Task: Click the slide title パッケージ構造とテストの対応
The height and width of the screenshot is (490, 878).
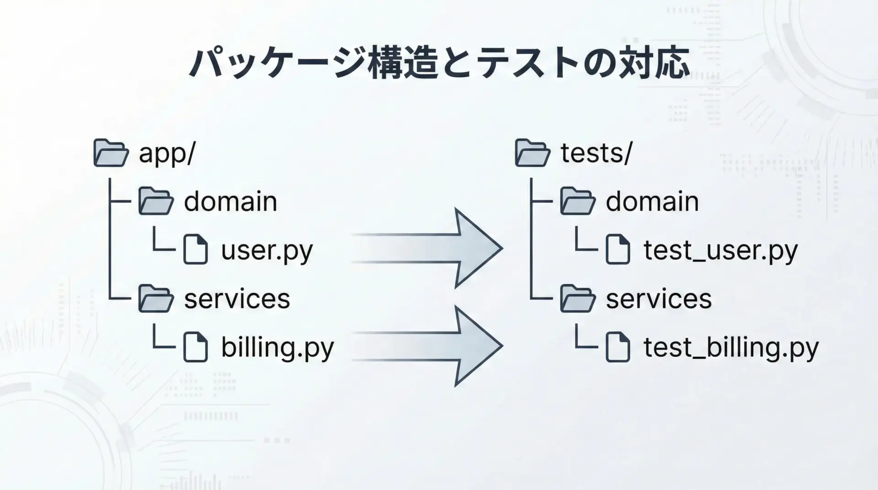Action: [x=439, y=63]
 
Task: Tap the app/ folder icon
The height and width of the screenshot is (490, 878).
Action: [x=111, y=153]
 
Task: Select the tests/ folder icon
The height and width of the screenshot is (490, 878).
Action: [x=532, y=153]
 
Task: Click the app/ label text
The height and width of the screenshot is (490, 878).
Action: [x=167, y=154]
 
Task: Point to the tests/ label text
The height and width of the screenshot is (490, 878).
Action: [x=596, y=153]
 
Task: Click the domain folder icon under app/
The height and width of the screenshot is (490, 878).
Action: [x=156, y=201]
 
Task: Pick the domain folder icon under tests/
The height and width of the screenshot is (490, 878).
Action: [x=578, y=201]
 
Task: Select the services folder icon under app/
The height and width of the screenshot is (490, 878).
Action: [x=156, y=298]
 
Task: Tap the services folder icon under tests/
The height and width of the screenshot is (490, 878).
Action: [x=578, y=298]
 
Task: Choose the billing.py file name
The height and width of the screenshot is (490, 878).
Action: [x=278, y=347]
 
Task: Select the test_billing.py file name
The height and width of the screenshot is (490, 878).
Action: [x=731, y=347]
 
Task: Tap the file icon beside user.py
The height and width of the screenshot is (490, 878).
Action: [x=195, y=250]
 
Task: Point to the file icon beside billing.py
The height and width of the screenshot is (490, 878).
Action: [x=195, y=347]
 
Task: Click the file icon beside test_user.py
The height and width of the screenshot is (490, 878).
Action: [x=618, y=250]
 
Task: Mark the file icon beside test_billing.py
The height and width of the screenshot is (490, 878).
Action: [x=618, y=347]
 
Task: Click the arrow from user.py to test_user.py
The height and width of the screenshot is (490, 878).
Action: [x=428, y=248]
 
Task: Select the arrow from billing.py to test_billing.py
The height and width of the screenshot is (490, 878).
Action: [x=428, y=346]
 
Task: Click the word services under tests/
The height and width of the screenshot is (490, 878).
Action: [x=659, y=299]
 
